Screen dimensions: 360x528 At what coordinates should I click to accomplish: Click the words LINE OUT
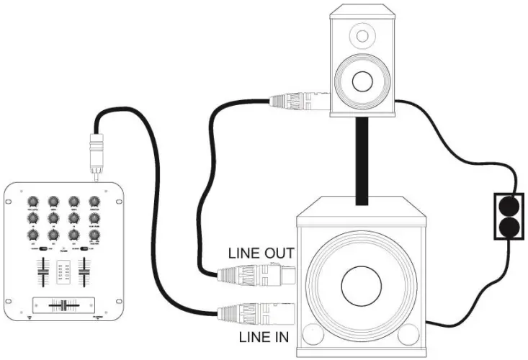click(x=261, y=253)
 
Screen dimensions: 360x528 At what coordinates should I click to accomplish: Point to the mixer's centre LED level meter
click(x=62, y=272)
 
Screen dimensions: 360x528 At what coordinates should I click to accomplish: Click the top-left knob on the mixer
click(x=32, y=202)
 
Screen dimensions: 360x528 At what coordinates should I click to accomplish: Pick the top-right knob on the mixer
click(x=93, y=202)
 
